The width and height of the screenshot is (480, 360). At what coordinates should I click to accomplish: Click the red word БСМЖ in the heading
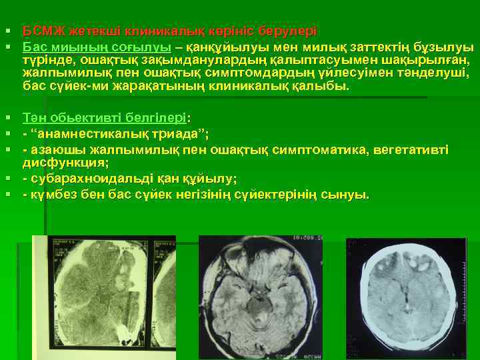[x=40, y=31]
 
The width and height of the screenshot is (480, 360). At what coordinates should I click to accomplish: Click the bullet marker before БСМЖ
[x=7, y=32]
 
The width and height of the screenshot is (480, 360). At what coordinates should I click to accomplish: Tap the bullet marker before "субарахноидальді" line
[x=7, y=179]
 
